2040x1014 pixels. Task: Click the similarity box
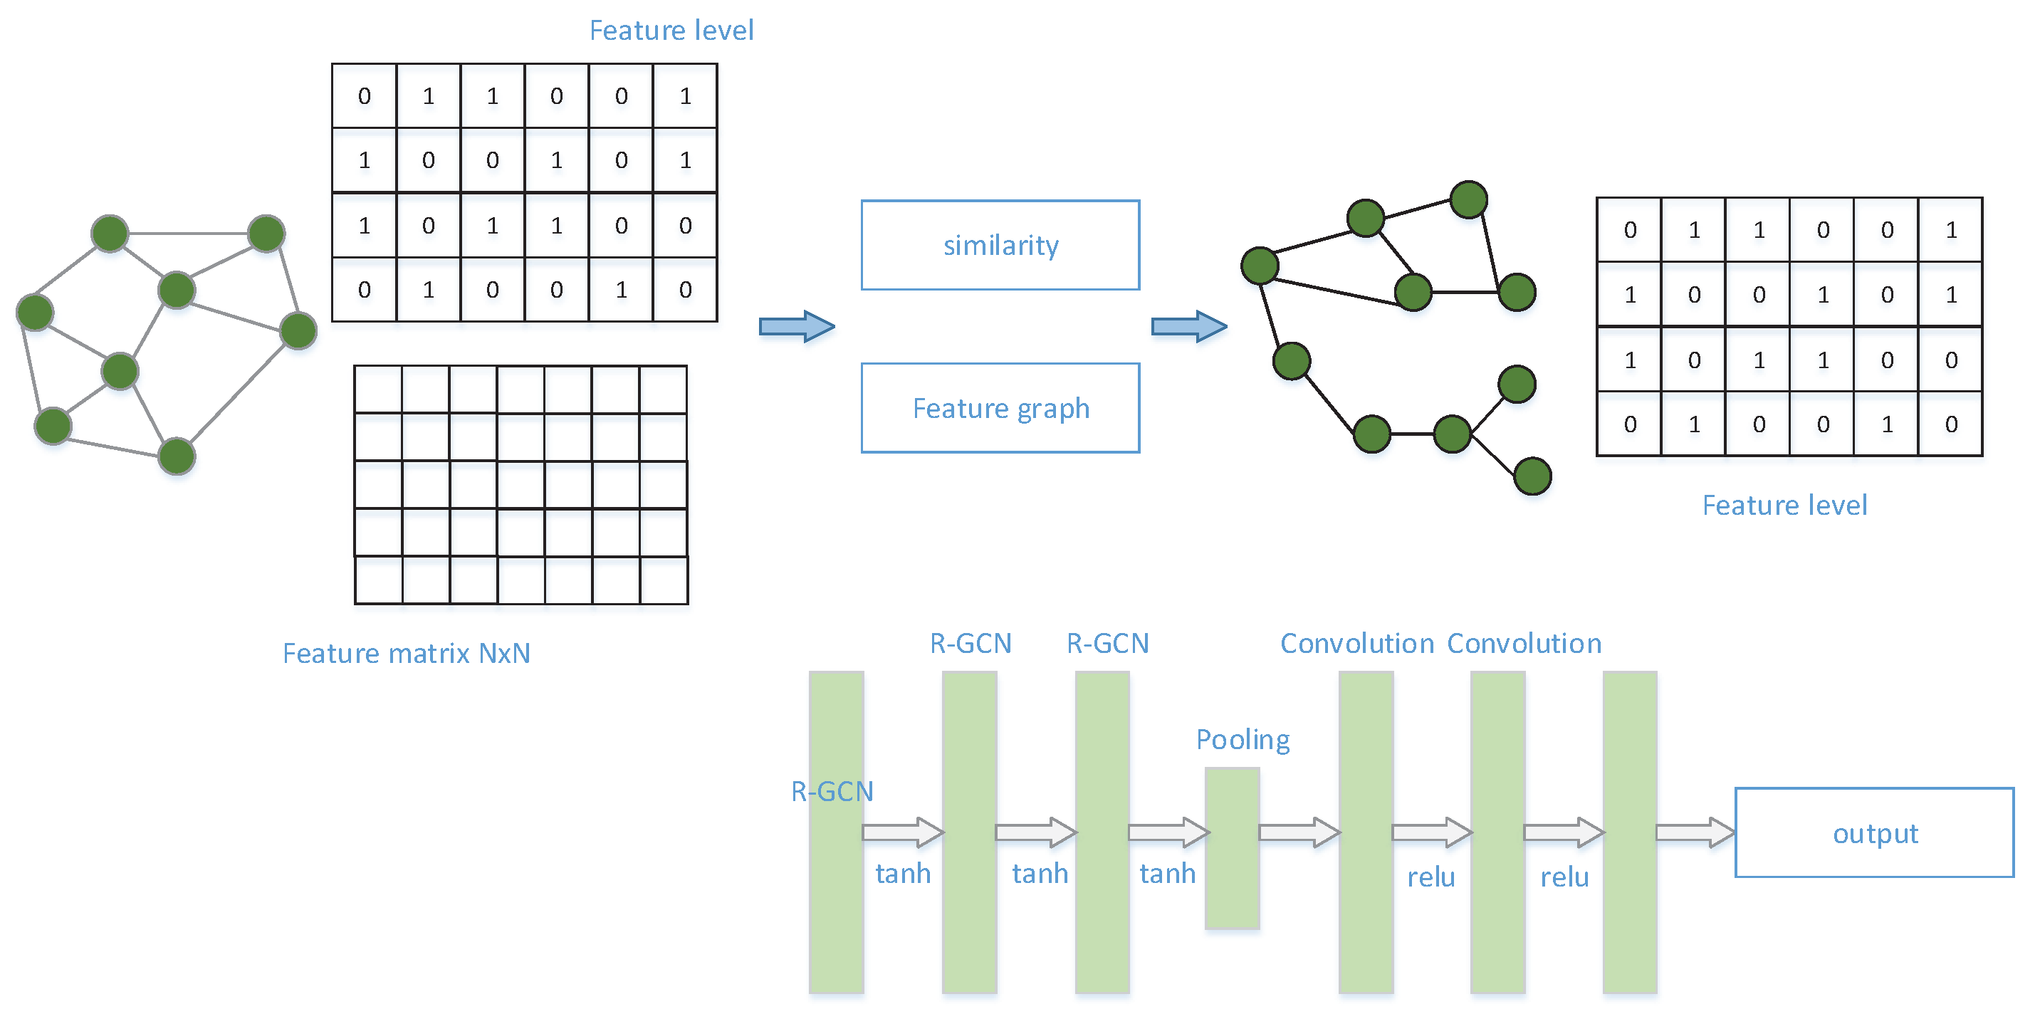(1000, 246)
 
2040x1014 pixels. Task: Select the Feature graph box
(1000, 408)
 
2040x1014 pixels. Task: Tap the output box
(1873, 832)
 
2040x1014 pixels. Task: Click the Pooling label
(1242, 740)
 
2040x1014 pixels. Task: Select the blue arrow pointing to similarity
(796, 326)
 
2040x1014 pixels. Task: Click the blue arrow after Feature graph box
(1188, 326)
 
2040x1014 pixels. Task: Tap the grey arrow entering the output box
(1695, 832)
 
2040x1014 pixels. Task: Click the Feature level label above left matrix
(671, 31)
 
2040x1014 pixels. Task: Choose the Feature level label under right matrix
(1784, 506)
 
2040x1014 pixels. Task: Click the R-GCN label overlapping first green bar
(832, 791)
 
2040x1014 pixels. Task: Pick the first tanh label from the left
(902, 874)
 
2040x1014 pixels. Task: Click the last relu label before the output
(1564, 878)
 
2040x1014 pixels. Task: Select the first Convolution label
(1356, 644)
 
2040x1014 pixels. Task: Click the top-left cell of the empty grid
(378, 389)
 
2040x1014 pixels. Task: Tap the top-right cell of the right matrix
(1950, 231)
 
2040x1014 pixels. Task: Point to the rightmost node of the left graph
(298, 330)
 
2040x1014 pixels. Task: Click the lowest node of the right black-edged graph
(1532, 476)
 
